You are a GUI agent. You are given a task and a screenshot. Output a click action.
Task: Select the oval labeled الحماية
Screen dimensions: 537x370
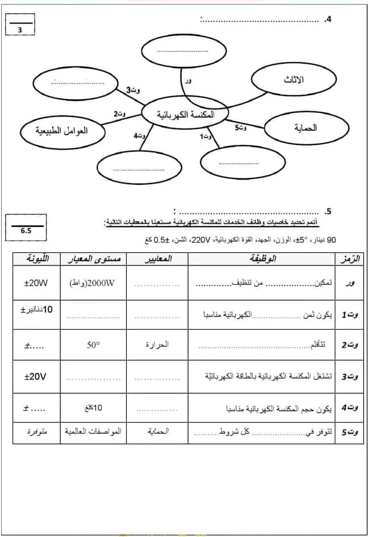click(x=306, y=128)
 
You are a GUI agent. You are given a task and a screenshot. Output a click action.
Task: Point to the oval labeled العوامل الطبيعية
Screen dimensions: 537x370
click(x=62, y=131)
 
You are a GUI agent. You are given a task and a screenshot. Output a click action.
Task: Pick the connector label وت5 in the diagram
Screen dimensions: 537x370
click(x=241, y=128)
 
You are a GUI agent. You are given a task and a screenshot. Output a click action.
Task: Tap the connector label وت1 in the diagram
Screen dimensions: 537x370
click(x=206, y=136)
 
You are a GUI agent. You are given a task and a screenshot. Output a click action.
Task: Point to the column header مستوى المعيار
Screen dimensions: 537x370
click(x=94, y=259)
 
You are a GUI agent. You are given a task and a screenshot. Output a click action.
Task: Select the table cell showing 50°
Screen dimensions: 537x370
click(x=93, y=344)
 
